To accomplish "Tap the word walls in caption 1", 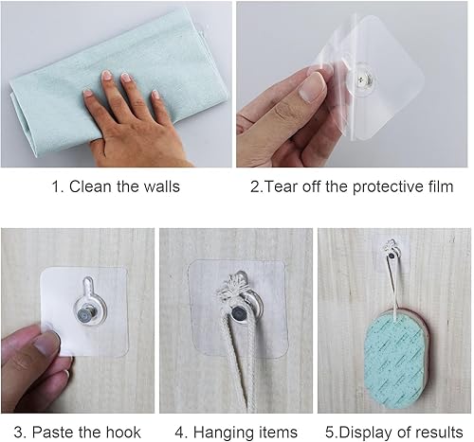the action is (x=162, y=186).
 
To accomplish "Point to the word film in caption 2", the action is (x=441, y=186).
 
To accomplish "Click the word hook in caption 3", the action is (x=123, y=432).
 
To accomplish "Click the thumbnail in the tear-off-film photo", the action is (x=311, y=87).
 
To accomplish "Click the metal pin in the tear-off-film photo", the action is (x=361, y=80).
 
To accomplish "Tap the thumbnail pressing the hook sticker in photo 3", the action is (x=46, y=344).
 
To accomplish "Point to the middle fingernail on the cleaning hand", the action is (x=126, y=78).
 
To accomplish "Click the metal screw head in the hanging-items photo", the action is (x=238, y=314).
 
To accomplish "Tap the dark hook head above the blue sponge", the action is (x=392, y=256).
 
